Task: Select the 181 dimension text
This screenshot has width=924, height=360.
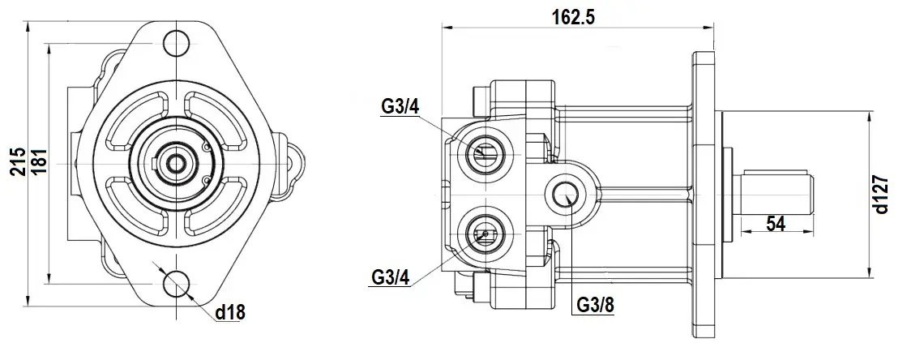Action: pos(36,164)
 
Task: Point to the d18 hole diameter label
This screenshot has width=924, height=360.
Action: pos(229,312)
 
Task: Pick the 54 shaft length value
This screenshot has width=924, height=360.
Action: pos(776,224)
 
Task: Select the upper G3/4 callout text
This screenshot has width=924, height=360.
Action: pos(399,105)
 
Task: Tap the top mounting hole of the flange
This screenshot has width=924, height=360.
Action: pos(174,41)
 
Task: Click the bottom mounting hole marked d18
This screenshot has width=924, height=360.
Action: pos(174,285)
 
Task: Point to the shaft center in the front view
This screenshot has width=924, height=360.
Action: pos(174,162)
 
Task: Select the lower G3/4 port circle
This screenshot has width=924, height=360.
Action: pos(484,234)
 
